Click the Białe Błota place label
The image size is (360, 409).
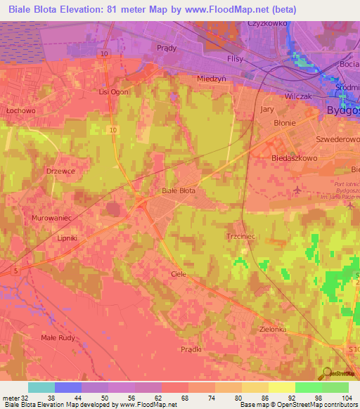[x=178, y=190]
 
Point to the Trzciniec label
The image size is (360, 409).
[x=240, y=237]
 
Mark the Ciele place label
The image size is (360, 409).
[x=179, y=274]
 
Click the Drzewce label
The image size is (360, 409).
[x=60, y=171]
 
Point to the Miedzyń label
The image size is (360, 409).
[x=212, y=79]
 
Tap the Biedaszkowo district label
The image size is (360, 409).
[x=295, y=159]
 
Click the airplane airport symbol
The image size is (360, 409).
[x=297, y=190]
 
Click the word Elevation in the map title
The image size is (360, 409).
[x=77, y=9]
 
